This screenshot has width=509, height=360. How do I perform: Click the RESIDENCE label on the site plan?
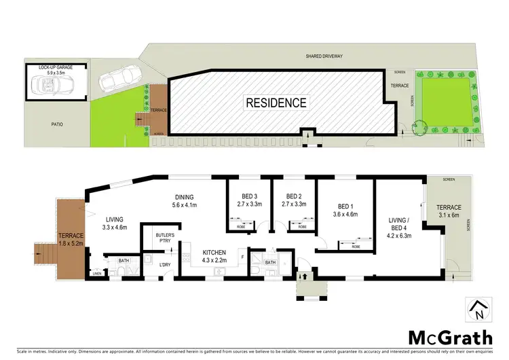[x=276, y=103]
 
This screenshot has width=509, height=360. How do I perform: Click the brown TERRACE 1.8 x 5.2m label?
[x=68, y=236]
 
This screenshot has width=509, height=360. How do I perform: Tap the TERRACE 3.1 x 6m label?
[x=451, y=212]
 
